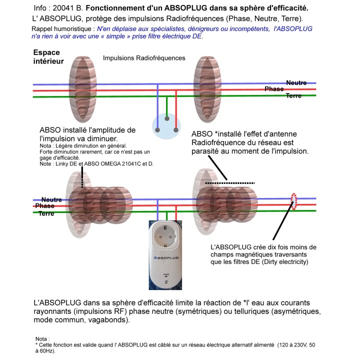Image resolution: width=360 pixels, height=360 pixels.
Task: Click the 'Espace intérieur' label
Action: tap(48, 57)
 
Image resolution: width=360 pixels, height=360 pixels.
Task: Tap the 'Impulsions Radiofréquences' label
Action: tap(144, 58)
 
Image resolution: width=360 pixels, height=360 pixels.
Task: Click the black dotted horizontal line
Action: tap(230, 183)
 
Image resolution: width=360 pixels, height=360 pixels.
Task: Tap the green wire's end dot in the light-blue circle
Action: tap(166, 120)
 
